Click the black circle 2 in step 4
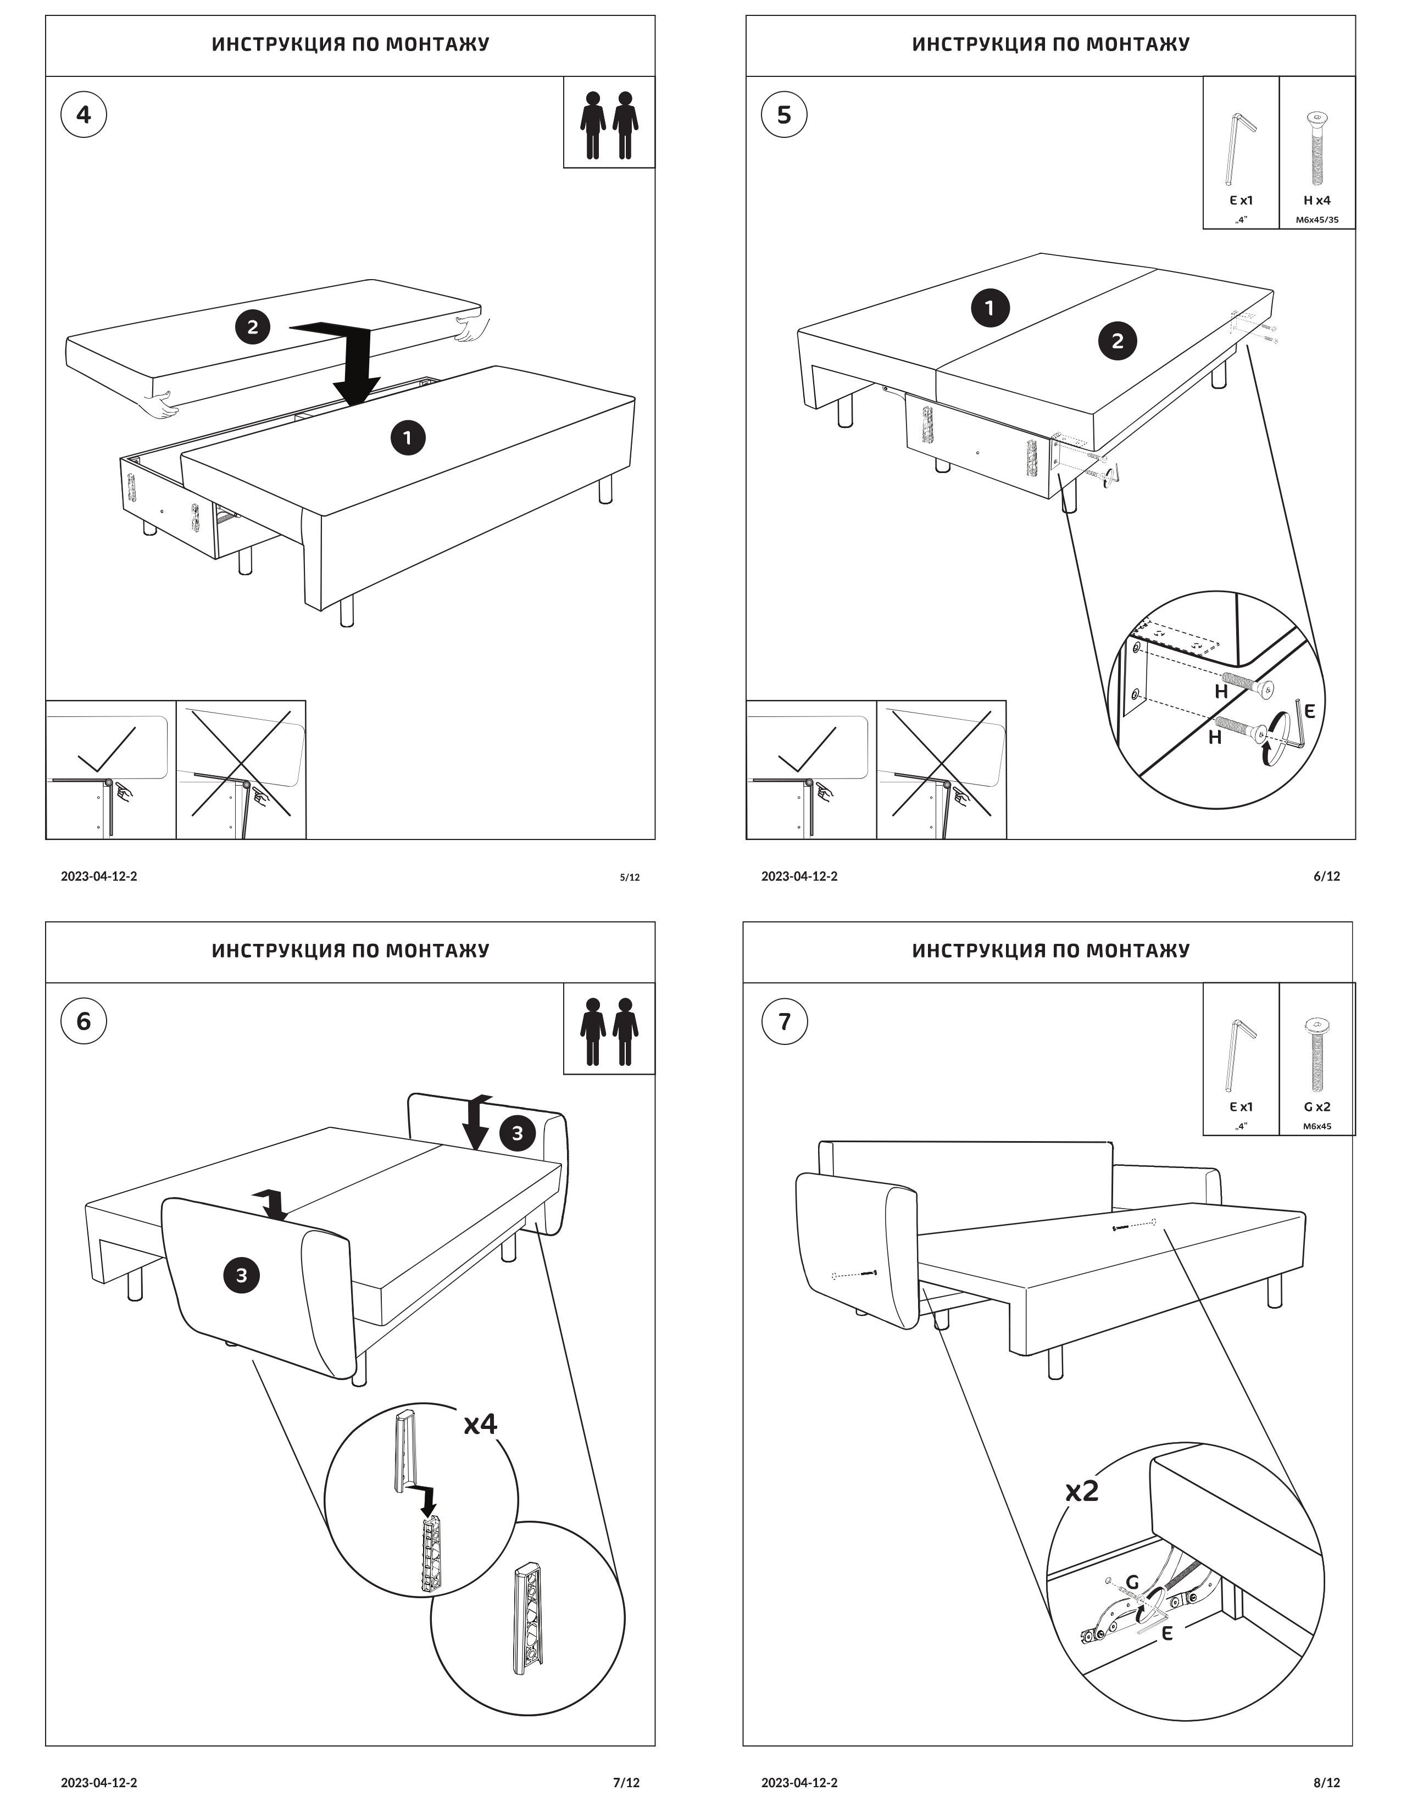pos(252,326)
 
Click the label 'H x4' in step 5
pos(1316,200)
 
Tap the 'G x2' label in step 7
pos(1316,1106)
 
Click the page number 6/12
pos(1326,876)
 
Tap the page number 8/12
pos(1326,1782)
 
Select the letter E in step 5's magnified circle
pos(1310,710)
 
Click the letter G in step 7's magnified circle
pos(1132,1582)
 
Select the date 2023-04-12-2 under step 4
pos(99,876)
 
